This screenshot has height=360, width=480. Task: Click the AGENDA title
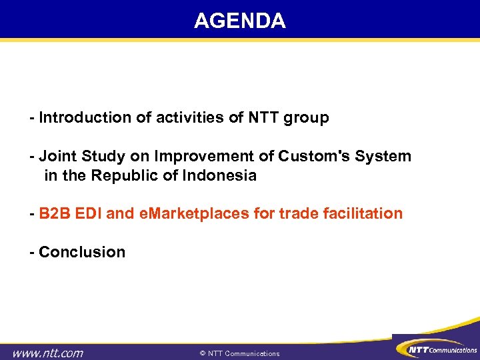240,21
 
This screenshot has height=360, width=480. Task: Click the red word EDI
88,214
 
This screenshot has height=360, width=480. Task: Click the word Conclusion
82,253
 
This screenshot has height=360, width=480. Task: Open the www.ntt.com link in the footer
49,353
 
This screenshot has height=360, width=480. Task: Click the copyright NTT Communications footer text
240,353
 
